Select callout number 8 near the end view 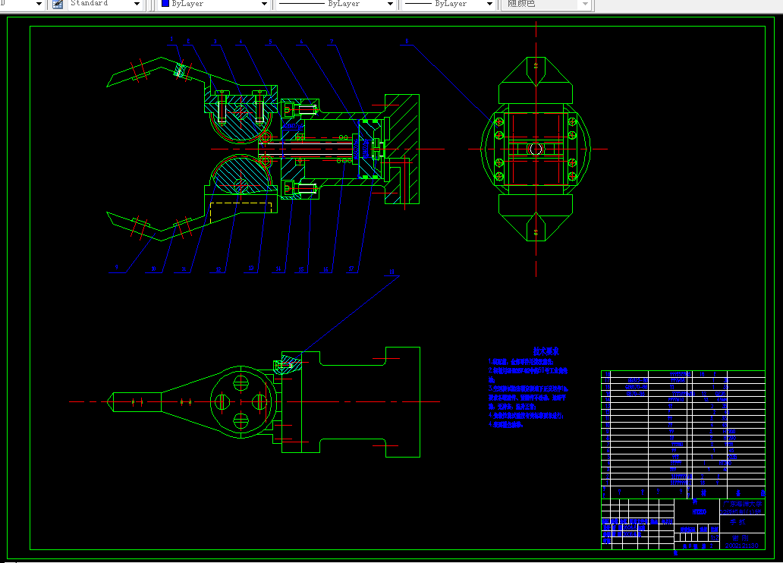pos(407,42)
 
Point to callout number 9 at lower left pos(117,268)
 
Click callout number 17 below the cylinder pos(351,269)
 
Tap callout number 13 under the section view pos(251,269)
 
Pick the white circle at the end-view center pos(536,149)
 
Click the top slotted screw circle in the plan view pos(241,380)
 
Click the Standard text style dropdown pos(106,4)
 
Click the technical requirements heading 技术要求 pos(546,352)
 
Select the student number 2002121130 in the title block pos(742,545)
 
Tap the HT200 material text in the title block pos(699,512)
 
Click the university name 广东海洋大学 pos(742,504)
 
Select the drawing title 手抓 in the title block pos(736,522)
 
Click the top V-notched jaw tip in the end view pos(536,68)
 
